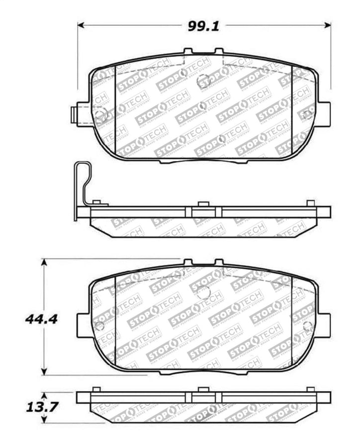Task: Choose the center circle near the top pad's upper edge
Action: pyautogui.click(x=203, y=82)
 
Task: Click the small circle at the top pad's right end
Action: pyautogui.click(x=308, y=114)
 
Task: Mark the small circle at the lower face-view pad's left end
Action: pyautogui.click(x=99, y=326)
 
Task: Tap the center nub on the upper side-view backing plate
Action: pyautogui.click(x=202, y=204)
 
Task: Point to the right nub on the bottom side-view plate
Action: pyautogui.click(x=310, y=389)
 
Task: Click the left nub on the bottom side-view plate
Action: pyautogui.click(x=96, y=389)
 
